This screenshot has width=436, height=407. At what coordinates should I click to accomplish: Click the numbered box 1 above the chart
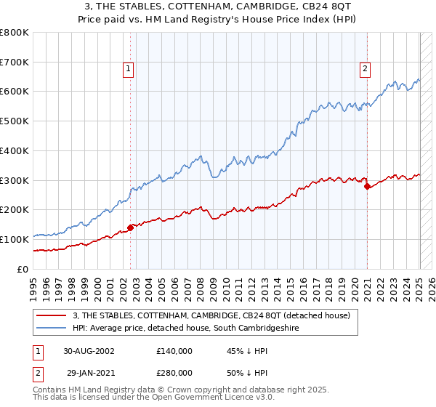(x=128, y=69)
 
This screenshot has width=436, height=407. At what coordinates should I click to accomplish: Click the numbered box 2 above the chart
(x=365, y=69)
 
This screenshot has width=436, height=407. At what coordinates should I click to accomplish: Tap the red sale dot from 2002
(x=131, y=227)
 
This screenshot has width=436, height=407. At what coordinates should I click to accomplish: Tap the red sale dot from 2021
(x=367, y=186)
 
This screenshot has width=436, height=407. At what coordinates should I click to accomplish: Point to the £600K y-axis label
(x=15, y=92)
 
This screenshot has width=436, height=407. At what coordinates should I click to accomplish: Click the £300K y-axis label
(x=15, y=180)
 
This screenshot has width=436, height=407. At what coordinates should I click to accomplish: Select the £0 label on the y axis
(x=24, y=269)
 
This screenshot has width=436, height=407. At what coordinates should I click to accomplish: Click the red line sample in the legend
(x=52, y=315)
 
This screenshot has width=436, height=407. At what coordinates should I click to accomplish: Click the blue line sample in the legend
(x=52, y=329)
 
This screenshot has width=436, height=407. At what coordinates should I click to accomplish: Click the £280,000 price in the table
(x=174, y=372)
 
